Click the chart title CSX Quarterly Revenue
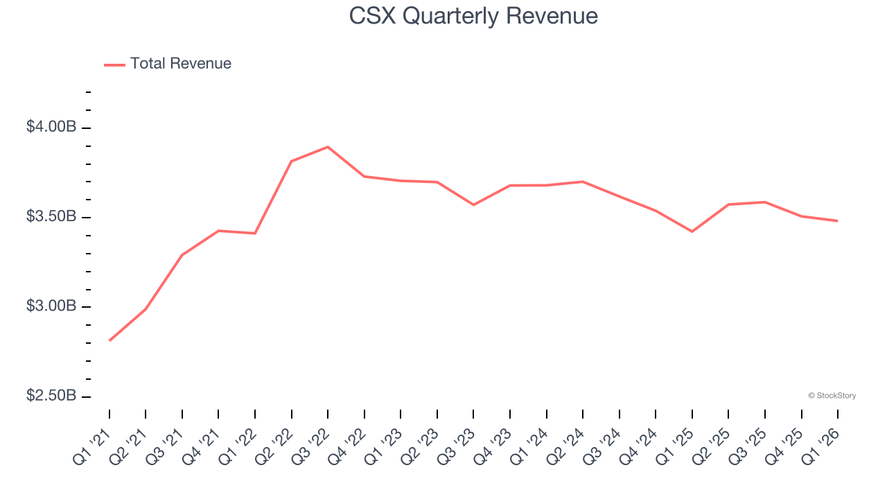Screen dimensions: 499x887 point(473,16)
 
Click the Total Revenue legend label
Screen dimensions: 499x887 point(180,64)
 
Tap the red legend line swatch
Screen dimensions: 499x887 point(114,64)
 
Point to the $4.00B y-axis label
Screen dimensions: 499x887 point(51,128)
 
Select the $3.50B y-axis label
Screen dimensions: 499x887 point(51,217)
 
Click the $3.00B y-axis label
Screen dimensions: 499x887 point(51,306)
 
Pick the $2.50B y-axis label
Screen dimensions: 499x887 point(51,396)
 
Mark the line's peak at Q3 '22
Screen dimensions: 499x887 point(328,147)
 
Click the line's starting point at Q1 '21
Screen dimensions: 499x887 point(109,340)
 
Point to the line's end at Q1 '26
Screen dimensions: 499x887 point(838,221)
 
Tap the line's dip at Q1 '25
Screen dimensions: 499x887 point(692,231)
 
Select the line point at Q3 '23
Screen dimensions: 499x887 point(473,205)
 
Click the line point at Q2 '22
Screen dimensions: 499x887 point(292,161)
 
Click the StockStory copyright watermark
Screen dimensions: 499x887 point(832,396)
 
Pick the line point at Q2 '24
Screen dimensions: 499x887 point(583,182)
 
